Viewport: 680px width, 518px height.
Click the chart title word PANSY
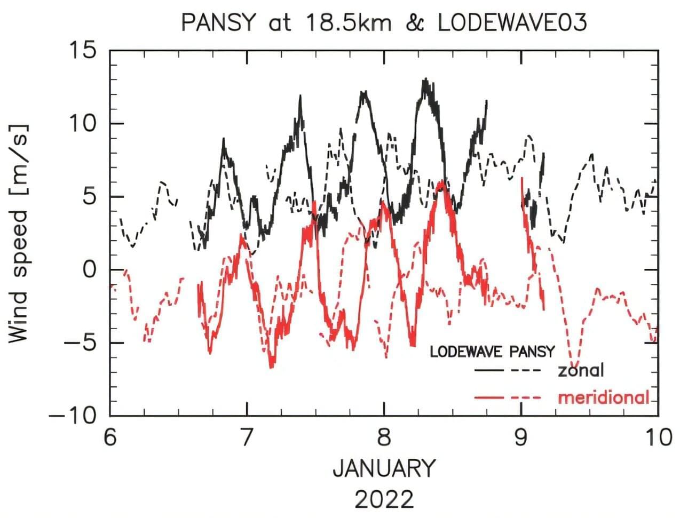[x=217, y=23]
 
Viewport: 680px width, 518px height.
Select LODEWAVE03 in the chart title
[x=512, y=23]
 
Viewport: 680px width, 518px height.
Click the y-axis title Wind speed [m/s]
[x=18, y=234]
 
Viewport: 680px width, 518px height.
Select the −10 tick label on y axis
[x=73, y=416]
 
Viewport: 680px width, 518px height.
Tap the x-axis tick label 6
[x=110, y=437]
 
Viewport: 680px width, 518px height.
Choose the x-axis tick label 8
[x=384, y=437]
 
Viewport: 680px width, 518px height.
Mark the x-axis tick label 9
[x=520, y=437]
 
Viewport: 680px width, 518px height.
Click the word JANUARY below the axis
[x=384, y=468]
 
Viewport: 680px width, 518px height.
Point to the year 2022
[x=384, y=500]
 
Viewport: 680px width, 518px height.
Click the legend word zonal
[x=581, y=370]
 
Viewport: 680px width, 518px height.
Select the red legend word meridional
[x=604, y=397]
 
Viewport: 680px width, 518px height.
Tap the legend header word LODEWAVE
[x=466, y=352]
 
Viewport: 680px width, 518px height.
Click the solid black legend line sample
[x=489, y=370]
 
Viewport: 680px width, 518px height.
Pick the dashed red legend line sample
[x=527, y=398]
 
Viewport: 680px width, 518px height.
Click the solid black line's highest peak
[x=425, y=79]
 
